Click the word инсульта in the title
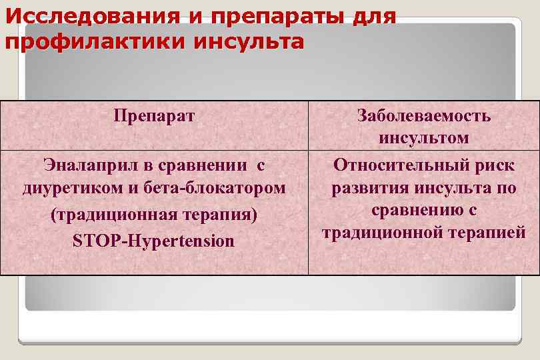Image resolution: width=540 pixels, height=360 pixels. (249, 41)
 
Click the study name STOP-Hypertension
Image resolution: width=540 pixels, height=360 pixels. (154, 241)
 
